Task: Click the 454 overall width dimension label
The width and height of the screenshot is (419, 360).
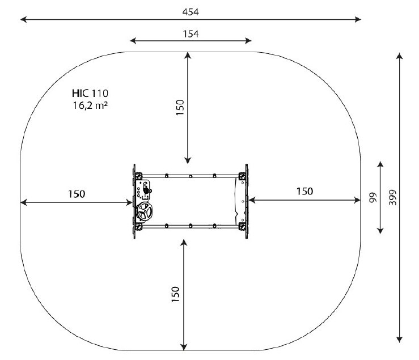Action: pyautogui.click(x=191, y=12)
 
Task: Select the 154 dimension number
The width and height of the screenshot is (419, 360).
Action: pyautogui.click(x=191, y=34)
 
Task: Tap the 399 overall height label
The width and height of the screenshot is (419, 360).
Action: pyautogui.click(x=392, y=197)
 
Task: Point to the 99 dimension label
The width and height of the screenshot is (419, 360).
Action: pyautogui.click(x=373, y=197)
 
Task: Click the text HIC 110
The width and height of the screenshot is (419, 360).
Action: pyautogui.click(x=90, y=94)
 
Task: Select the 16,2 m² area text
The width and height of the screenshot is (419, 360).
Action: pyautogui.click(x=90, y=105)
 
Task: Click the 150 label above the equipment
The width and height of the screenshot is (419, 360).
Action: pyautogui.click(x=180, y=108)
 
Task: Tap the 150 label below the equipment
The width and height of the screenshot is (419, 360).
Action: pyautogui.click(x=175, y=294)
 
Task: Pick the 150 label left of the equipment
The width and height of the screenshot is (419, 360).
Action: pyautogui.click(x=77, y=194)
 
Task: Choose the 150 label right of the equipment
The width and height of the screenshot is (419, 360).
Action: pyautogui.click(x=304, y=192)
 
